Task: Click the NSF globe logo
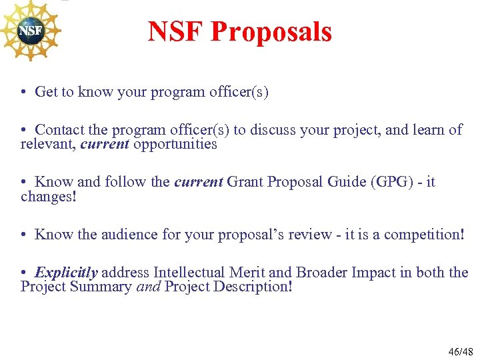click(x=30, y=31)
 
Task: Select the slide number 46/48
click(x=459, y=351)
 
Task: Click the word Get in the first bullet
click(x=46, y=92)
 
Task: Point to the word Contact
click(x=59, y=130)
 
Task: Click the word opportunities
click(x=175, y=144)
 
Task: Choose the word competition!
click(x=425, y=234)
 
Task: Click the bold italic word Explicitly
click(x=66, y=273)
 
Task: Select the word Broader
click(x=324, y=273)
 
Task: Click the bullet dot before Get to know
click(x=24, y=93)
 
